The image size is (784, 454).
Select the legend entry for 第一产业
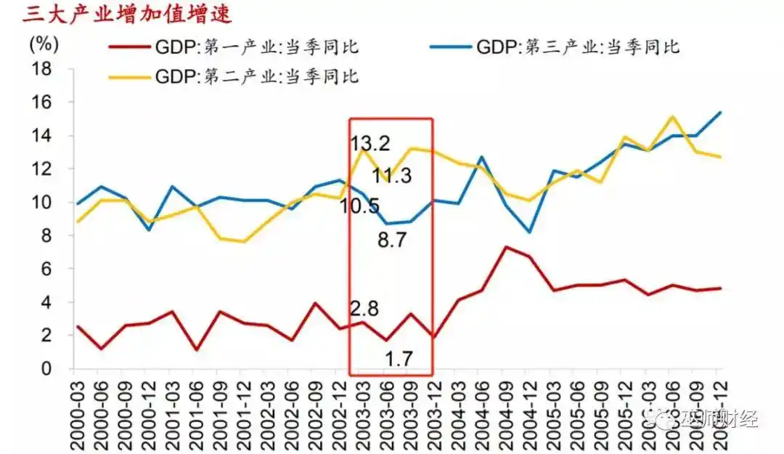255,49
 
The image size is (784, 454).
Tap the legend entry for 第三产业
576,49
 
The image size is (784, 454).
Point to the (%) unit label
43,43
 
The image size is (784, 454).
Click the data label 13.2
370,144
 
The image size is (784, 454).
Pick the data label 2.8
365,308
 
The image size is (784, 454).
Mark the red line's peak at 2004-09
507,247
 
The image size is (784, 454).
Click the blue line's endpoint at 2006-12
721,113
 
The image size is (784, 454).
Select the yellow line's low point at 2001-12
244,242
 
